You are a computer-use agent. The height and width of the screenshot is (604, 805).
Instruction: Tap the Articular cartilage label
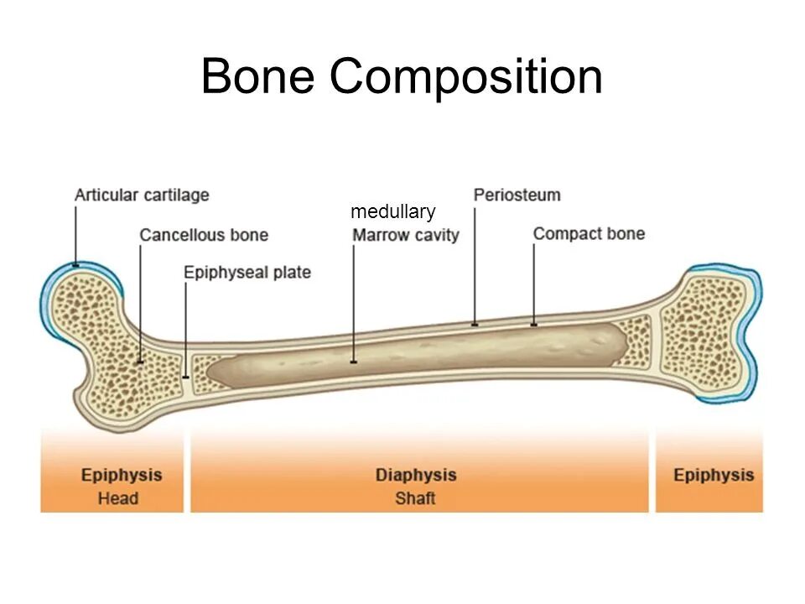[142, 195]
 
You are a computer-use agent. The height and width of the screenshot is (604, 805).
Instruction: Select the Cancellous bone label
[204, 235]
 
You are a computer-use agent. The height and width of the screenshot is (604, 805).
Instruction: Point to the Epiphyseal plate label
[247, 273]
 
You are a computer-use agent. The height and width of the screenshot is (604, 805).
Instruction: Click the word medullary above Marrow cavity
[392, 211]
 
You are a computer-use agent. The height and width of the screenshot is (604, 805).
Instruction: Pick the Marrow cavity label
[406, 235]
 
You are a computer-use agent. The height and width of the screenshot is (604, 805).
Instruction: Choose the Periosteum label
[517, 195]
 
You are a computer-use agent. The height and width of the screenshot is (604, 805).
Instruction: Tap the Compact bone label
[589, 233]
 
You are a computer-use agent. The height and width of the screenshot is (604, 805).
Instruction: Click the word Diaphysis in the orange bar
[416, 475]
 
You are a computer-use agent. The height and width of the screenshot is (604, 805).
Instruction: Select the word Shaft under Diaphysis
[416, 498]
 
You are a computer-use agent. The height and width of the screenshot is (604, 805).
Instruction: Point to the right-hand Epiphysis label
[714, 475]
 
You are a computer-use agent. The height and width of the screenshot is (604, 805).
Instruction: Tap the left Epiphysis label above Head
[121, 475]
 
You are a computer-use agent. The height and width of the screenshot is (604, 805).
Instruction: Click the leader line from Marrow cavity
[354, 302]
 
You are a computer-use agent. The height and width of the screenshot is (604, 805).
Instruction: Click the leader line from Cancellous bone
[140, 302]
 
